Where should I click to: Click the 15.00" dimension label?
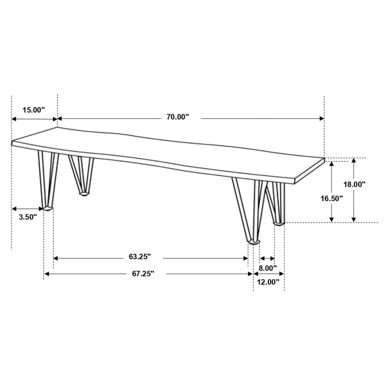coord(34,110)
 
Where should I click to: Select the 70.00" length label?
coord(178,117)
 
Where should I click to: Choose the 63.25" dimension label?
coord(140,257)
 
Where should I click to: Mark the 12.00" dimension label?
coord(268,282)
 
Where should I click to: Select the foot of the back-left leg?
coord(84,194)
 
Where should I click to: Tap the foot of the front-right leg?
coord(254,243)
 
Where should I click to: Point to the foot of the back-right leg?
coord(279,223)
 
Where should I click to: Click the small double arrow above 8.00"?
coord(267,258)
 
